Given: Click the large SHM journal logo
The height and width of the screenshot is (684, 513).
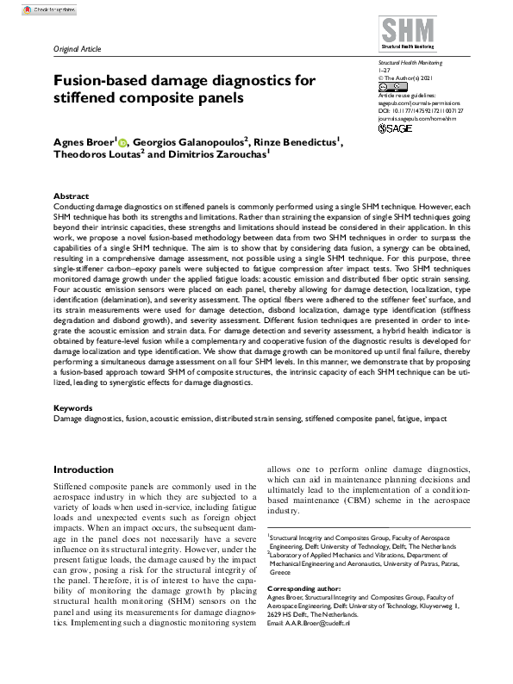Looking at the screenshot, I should tap(409, 30).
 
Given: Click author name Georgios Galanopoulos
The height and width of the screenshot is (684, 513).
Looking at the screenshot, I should tap(178, 140).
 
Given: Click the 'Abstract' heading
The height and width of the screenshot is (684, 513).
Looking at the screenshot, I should tap(71, 196).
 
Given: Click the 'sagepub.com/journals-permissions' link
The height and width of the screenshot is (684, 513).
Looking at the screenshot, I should tap(415, 103).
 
